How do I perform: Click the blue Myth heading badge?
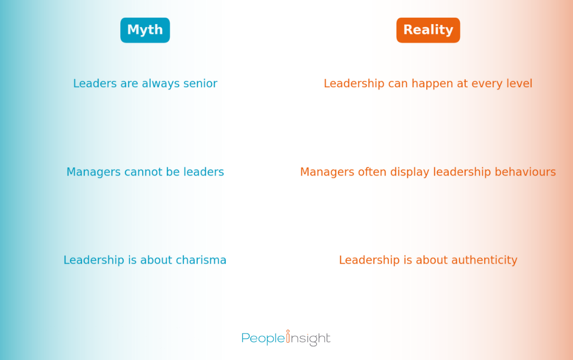click(x=145, y=30)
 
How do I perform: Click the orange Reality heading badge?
click(x=428, y=30)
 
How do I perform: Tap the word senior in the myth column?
click(x=199, y=84)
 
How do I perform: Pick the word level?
click(x=519, y=84)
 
